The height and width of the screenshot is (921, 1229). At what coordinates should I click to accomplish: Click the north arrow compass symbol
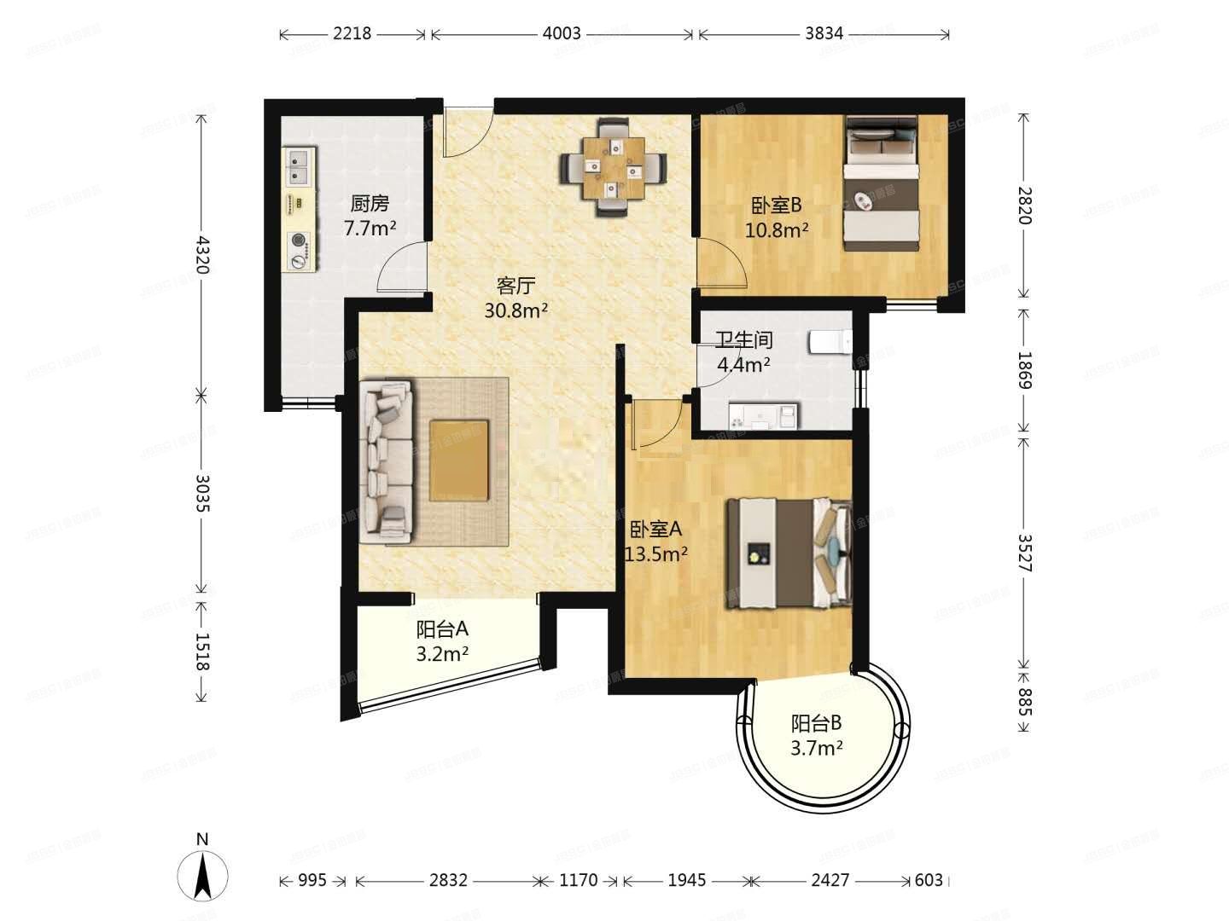(202, 874)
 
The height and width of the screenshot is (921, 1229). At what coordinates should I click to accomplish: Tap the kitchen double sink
(300, 167)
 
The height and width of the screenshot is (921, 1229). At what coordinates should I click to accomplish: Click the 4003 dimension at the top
(561, 33)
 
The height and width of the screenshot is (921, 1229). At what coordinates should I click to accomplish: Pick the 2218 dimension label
(352, 33)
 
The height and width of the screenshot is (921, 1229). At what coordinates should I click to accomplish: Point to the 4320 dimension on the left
(201, 254)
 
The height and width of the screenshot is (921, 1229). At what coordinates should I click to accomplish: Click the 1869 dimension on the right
(1024, 370)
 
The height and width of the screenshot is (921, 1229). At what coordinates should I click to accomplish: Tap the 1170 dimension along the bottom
(578, 880)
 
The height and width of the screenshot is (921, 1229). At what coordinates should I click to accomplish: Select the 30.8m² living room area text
(515, 310)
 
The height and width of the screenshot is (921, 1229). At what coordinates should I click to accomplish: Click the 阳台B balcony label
(816, 724)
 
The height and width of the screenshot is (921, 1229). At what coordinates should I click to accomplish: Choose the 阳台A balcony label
(442, 629)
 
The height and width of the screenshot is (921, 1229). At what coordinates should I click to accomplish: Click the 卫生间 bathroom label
(743, 340)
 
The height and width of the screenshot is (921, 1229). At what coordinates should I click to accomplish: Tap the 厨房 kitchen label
(370, 204)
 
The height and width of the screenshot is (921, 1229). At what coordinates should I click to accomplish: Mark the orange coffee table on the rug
(459, 460)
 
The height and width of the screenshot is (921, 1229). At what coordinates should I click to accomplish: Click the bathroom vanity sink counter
(764, 416)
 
